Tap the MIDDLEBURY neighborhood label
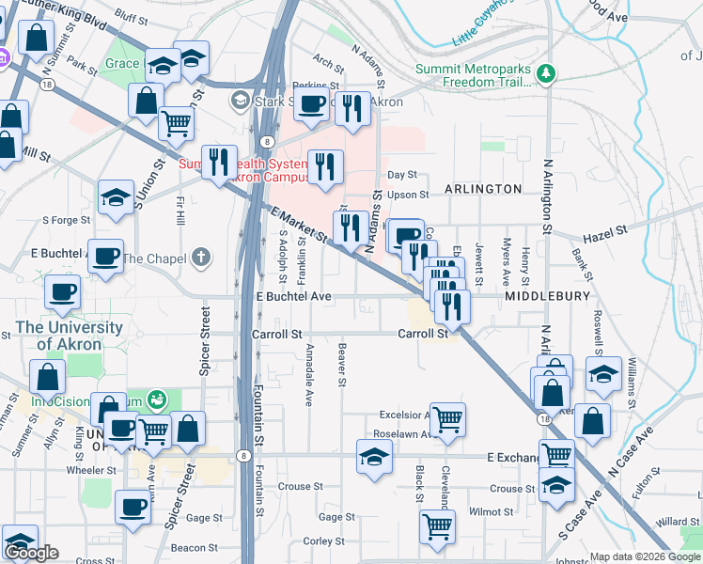[547, 296]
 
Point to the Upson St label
[408, 196]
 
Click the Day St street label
[401, 175]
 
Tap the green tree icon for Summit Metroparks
[544, 72]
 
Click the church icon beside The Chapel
[200, 257]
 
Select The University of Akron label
[69, 336]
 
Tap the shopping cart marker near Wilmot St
[437, 525]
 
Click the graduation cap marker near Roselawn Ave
[374, 457]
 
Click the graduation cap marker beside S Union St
[116, 196]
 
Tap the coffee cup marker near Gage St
[133, 508]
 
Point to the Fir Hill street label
[179, 211]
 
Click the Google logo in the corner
[31, 553]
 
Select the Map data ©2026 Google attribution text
[645, 557]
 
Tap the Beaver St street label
[341, 365]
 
